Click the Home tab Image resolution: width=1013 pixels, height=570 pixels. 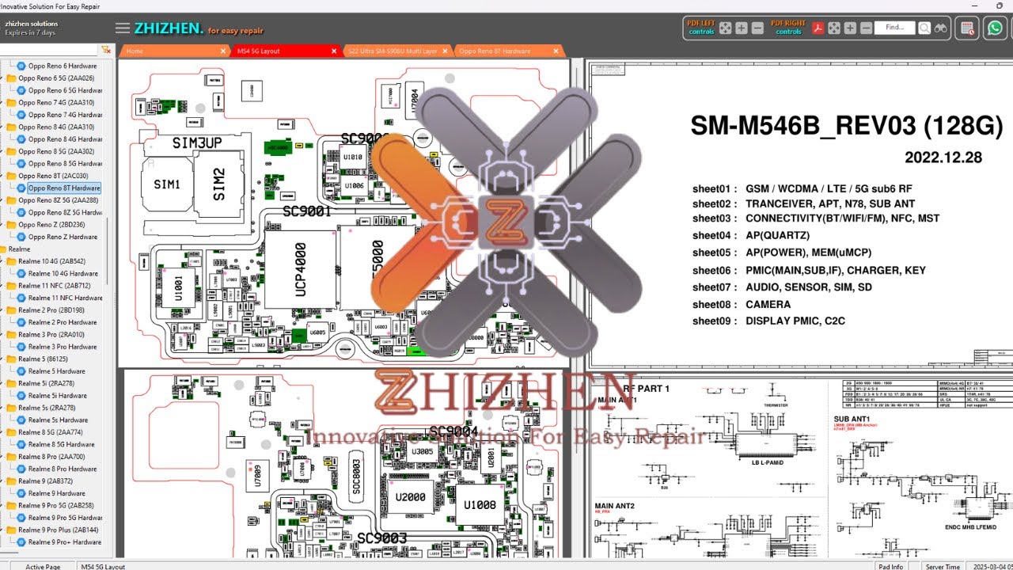coord(135,51)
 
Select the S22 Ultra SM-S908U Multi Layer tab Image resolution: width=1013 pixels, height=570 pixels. coord(393,51)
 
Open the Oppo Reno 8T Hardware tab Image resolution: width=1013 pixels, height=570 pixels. coord(495,51)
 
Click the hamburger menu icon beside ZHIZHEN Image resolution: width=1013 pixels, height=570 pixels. coord(122,28)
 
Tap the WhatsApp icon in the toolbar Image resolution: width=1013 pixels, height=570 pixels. coord(994,28)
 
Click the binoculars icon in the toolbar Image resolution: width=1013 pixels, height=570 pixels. coord(941,28)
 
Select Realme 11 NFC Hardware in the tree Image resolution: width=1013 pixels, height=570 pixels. coord(65,298)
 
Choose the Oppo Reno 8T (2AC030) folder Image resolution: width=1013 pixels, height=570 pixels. coord(53,176)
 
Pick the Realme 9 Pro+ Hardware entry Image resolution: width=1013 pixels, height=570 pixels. coord(64,542)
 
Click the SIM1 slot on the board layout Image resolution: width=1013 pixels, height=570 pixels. coord(167,184)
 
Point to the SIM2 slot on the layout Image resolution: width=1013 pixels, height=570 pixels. coord(218,184)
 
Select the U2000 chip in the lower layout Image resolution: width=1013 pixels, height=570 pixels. coord(411,498)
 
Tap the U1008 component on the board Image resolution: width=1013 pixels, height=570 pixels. coord(480,505)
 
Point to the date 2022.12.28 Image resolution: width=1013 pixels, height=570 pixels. coord(943,158)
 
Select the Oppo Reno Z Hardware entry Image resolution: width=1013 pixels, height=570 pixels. coord(63,237)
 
